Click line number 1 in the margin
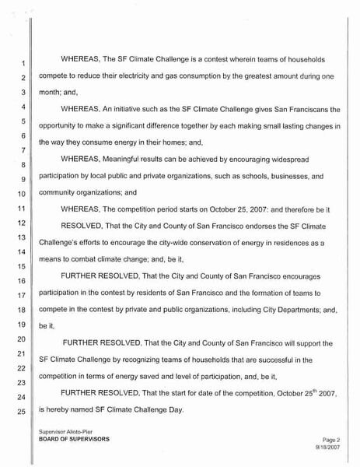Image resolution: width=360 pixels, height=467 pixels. coord(23,63)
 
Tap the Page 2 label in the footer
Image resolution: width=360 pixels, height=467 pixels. coord(331,439)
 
